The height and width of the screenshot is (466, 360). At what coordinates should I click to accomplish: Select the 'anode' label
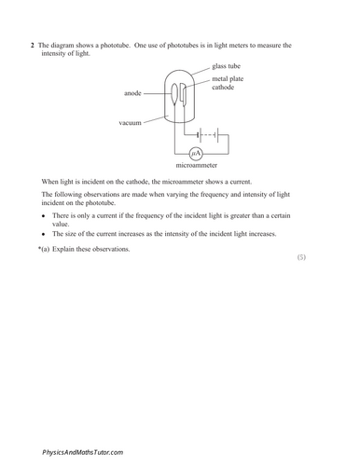132,93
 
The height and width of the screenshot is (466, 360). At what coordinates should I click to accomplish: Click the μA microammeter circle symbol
196,154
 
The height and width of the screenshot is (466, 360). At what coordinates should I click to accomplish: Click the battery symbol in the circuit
208,132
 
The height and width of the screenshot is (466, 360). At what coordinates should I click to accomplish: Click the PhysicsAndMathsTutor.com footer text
82,452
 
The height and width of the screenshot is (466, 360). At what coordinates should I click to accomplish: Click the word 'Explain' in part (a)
65,249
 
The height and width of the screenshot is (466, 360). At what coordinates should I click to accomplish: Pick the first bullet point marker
44,215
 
